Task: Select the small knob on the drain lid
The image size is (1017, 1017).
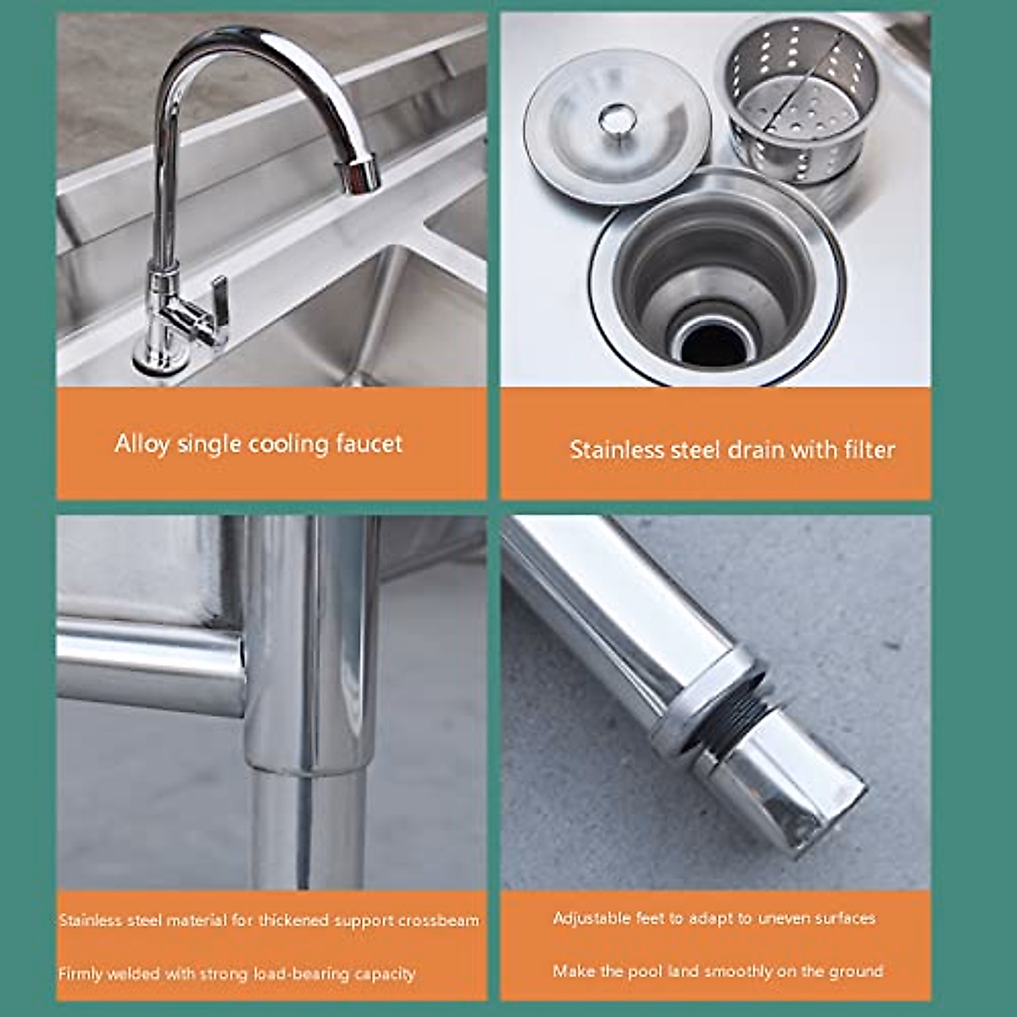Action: click(x=617, y=118)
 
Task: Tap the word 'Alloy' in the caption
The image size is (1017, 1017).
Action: click(x=142, y=443)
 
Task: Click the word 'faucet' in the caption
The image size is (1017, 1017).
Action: click(x=364, y=443)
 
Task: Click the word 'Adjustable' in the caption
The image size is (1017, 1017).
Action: click(x=592, y=918)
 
